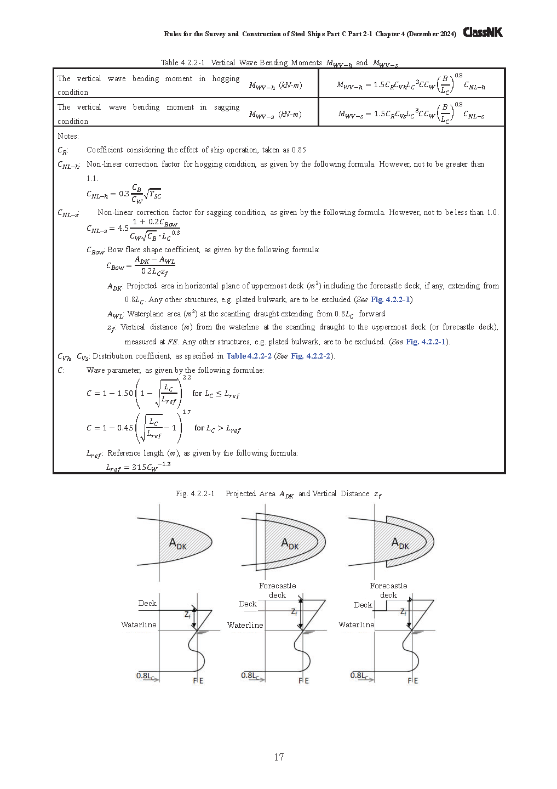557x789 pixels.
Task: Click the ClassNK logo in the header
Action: coord(483,32)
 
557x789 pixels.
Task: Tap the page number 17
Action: coord(279,757)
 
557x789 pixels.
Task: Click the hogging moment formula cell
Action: coord(411,84)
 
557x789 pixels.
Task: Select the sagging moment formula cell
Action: coord(411,113)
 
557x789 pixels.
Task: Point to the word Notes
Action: coord(68,136)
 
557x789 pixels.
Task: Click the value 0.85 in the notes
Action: coord(298,150)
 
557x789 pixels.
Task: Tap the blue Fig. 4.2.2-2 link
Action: coord(311,356)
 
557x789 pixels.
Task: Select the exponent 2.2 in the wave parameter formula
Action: coord(187,378)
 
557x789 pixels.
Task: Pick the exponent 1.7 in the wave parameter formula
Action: coord(187,412)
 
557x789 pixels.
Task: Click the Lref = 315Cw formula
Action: coord(138,467)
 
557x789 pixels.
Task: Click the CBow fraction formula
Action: coord(141,266)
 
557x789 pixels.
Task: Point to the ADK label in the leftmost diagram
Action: coord(177,544)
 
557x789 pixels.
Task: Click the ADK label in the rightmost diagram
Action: coord(400,543)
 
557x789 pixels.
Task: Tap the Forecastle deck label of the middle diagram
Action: coord(277,591)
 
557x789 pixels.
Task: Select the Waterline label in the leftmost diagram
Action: coord(139,625)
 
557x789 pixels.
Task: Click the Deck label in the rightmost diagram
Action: coord(363,605)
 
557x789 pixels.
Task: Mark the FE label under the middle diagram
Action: coord(303,680)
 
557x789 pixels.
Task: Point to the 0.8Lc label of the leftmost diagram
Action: coord(145,676)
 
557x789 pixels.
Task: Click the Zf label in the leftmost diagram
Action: coord(188,615)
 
